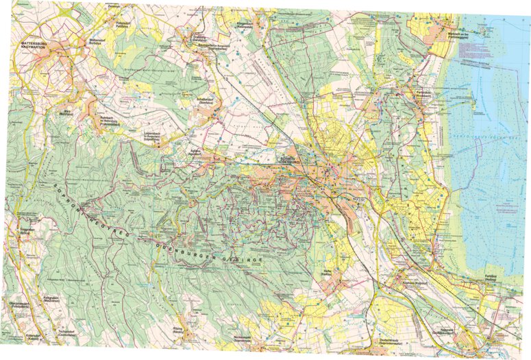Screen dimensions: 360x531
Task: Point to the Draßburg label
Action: click(x=199, y=38)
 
